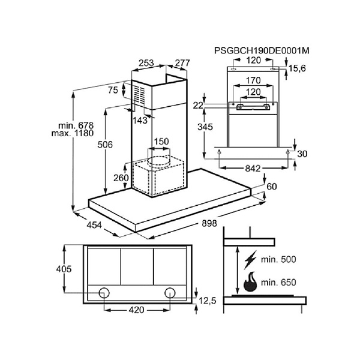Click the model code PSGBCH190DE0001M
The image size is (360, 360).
(x=262, y=50)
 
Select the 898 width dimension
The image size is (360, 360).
(x=209, y=223)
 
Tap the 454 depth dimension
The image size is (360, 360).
(x=94, y=225)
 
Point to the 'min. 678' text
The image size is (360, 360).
(x=76, y=125)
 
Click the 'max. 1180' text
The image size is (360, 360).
(x=73, y=133)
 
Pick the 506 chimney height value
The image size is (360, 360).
(x=105, y=145)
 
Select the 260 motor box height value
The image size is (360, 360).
(x=121, y=178)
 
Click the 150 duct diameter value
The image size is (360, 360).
(x=161, y=142)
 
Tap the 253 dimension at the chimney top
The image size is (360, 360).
(x=146, y=62)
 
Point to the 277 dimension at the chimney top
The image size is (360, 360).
(x=182, y=62)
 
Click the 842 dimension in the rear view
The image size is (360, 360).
(x=253, y=169)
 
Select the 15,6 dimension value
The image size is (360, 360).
(x=297, y=68)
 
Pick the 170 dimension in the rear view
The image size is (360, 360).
(x=253, y=80)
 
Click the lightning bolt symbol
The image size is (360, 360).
(x=250, y=260)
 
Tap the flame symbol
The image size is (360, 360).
(x=250, y=282)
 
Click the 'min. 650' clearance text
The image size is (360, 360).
(x=278, y=283)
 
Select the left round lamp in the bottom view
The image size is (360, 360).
(x=104, y=293)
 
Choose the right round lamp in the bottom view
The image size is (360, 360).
(x=170, y=293)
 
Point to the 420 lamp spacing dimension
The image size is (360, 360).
(x=136, y=310)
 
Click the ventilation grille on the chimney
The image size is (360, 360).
(x=140, y=95)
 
